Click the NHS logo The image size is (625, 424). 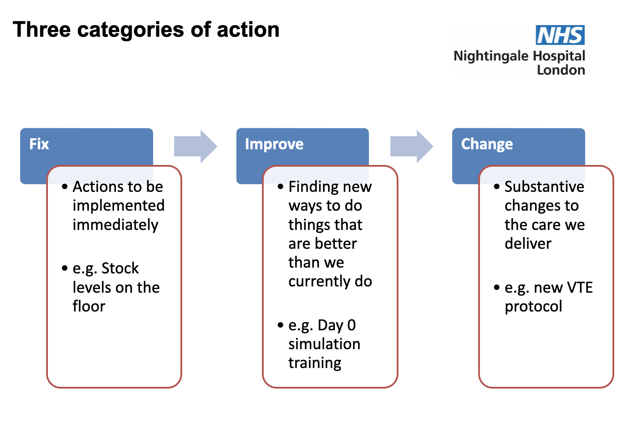(560, 35)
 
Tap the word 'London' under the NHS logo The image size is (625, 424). (561, 70)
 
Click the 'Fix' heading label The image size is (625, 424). (39, 144)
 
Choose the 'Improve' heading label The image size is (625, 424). (274, 144)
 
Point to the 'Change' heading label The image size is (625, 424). (487, 144)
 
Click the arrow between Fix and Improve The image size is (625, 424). (196, 147)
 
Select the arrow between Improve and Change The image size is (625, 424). (411, 147)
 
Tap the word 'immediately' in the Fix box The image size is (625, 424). (116, 225)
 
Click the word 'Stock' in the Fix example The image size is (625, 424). (120, 268)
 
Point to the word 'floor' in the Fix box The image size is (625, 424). (89, 306)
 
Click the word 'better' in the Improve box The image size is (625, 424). (335, 243)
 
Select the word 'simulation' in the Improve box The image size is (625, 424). (324, 344)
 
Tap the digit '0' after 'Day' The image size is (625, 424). (351, 325)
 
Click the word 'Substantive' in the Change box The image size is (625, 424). (544, 186)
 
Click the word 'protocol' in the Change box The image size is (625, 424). (533, 307)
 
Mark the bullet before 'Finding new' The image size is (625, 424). (280, 186)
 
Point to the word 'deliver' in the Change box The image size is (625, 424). (528, 243)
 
